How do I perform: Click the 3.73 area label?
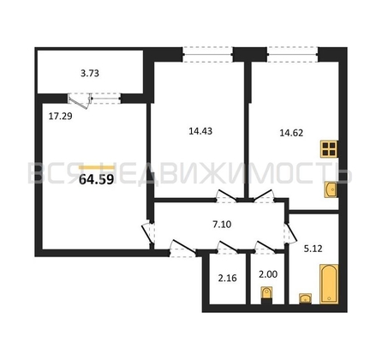tap(90, 74)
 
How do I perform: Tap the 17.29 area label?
tap(60, 117)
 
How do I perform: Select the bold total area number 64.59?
tap(97, 179)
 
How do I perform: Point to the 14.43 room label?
tap(200, 131)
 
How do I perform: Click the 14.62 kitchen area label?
tap(291, 133)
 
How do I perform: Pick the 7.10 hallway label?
tap(222, 225)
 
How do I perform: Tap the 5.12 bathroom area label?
tap(313, 249)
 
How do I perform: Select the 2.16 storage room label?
tap(228, 278)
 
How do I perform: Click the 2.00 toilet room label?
tap(268, 274)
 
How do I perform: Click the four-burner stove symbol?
tap(329, 149)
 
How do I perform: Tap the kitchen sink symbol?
tap(331, 189)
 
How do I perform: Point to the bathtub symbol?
tap(329, 284)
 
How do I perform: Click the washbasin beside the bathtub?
tap(305, 299)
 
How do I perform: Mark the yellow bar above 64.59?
tap(97, 168)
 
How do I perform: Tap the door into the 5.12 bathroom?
tap(290, 232)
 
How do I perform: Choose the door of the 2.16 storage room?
tap(228, 248)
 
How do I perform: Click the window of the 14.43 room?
tap(207, 54)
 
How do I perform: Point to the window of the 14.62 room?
tap(293, 54)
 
